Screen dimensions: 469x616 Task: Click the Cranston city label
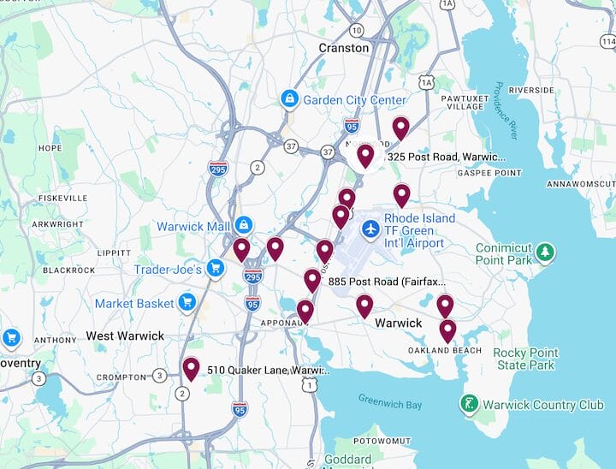[x=343, y=48]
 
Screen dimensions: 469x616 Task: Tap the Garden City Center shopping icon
[x=290, y=100]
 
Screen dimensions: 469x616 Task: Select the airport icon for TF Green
[x=370, y=229]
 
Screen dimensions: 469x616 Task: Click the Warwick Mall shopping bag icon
[x=244, y=226]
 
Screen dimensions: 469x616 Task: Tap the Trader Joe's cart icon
[x=216, y=270]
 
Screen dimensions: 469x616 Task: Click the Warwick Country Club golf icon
[x=469, y=404]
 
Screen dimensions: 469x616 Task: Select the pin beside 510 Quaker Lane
[x=191, y=369]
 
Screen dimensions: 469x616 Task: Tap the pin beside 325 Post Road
[x=365, y=156]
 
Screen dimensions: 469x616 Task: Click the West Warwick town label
[x=125, y=335]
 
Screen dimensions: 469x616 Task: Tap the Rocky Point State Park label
[x=524, y=359]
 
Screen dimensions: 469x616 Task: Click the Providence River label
[x=506, y=111]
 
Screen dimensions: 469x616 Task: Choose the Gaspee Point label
[x=489, y=173]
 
